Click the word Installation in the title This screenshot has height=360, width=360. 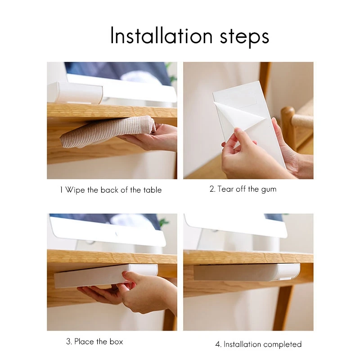(x=159, y=36)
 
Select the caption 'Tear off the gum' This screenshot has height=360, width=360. (x=243, y=189)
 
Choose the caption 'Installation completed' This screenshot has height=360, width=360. (x=258, y=344)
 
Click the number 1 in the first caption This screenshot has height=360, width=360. (x=61, y=190)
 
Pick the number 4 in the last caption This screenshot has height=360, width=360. (x=218, y=344)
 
